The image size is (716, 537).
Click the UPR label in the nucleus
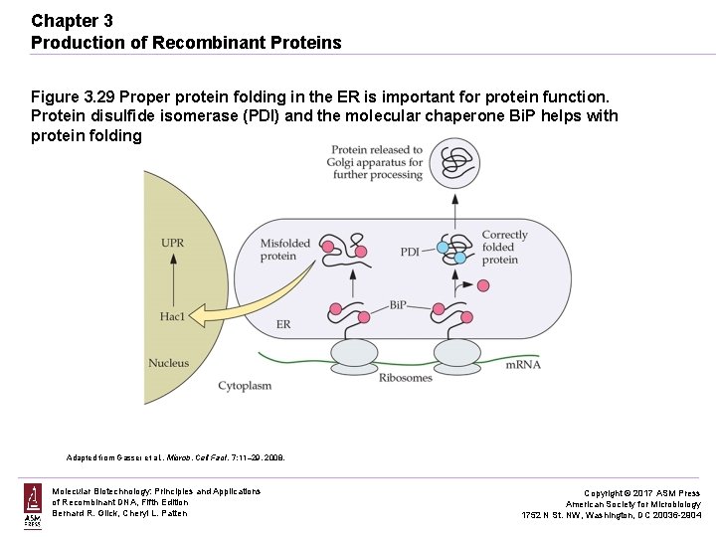(172, 242)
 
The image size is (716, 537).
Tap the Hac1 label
(172, 316)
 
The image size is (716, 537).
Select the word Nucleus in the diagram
(168, 363)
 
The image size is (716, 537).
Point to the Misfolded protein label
(285, 250)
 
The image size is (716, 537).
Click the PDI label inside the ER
(411, 252)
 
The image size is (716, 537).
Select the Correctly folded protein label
(504, 248)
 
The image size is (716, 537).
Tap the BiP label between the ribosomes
(399, 304)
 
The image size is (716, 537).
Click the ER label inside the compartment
(283, 324)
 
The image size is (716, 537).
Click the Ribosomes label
(406, 378)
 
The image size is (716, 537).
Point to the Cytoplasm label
(245, 385)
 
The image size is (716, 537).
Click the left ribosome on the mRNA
(355, 352)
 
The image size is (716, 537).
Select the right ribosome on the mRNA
(457, 352)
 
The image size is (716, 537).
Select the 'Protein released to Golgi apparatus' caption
(377, 162)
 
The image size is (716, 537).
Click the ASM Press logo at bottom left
(33, 506)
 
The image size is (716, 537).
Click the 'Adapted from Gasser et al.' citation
(175, 457)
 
